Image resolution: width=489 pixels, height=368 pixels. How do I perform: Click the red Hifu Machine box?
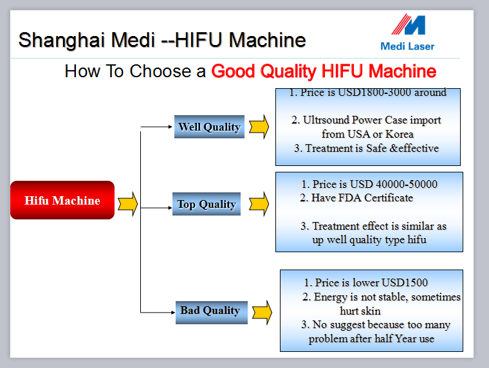point(62,200)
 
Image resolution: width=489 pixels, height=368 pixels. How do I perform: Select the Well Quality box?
point(209,127)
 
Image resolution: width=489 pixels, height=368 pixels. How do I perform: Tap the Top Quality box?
point(207,204)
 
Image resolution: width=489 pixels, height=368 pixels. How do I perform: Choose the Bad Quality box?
point(212,312)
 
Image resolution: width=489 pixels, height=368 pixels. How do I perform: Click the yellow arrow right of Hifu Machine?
point(127,204)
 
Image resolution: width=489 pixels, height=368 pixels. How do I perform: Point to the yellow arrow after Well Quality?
point(259,127)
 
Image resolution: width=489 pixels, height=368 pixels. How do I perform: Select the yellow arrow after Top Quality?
point(259,204)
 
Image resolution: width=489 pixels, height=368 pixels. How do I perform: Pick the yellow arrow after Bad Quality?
point(262,312)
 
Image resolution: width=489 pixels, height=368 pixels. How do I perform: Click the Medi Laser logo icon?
point(409,24)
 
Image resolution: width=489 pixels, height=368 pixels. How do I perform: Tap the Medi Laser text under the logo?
point(407,46)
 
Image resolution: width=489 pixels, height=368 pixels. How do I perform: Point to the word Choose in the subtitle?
point(160,71)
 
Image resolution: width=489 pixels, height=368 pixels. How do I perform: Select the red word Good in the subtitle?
point(234,71)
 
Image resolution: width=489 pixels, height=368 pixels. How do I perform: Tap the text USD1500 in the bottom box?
point(405,282)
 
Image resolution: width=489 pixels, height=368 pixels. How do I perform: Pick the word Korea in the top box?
point(400,134)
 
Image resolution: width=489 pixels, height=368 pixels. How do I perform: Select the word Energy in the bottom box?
point(330,297)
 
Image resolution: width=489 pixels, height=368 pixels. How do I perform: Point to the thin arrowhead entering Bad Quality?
point(173,312)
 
